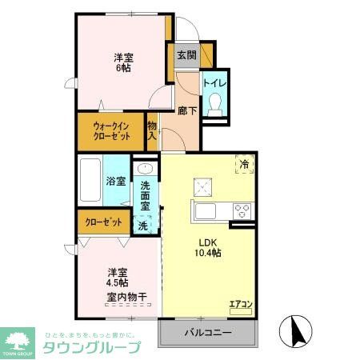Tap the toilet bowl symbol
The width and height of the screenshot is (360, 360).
[x=215, y=105]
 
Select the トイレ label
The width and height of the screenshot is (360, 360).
[x=214, y=82]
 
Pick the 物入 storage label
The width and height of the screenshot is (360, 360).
[x=152, y=130]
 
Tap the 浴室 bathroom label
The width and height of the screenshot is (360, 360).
[x=116, y=182]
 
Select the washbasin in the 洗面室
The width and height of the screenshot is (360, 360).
[x=145, y=170]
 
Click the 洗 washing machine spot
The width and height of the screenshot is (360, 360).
[x=143, y=226]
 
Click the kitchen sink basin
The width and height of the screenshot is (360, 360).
[x=204, y=212]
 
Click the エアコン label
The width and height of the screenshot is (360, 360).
[x=241, y=303]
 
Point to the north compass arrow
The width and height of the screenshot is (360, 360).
[x=294, y=331]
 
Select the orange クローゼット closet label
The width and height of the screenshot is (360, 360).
[x=100, y=222]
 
